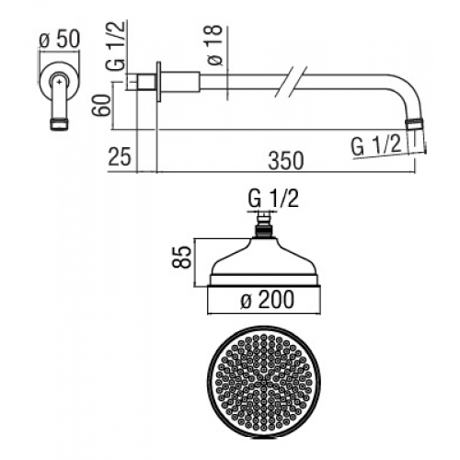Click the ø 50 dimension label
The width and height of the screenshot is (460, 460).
60,40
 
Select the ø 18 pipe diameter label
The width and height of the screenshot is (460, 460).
214,45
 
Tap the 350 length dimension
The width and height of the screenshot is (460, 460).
286,160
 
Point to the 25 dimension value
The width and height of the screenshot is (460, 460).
120,156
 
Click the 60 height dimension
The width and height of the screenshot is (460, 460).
101,106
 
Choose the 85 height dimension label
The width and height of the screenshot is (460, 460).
182,258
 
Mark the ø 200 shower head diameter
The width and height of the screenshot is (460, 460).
267,300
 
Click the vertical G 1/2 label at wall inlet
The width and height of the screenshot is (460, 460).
116,46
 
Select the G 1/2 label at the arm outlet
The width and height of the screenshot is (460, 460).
376,145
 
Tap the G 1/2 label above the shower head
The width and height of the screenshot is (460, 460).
273,199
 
